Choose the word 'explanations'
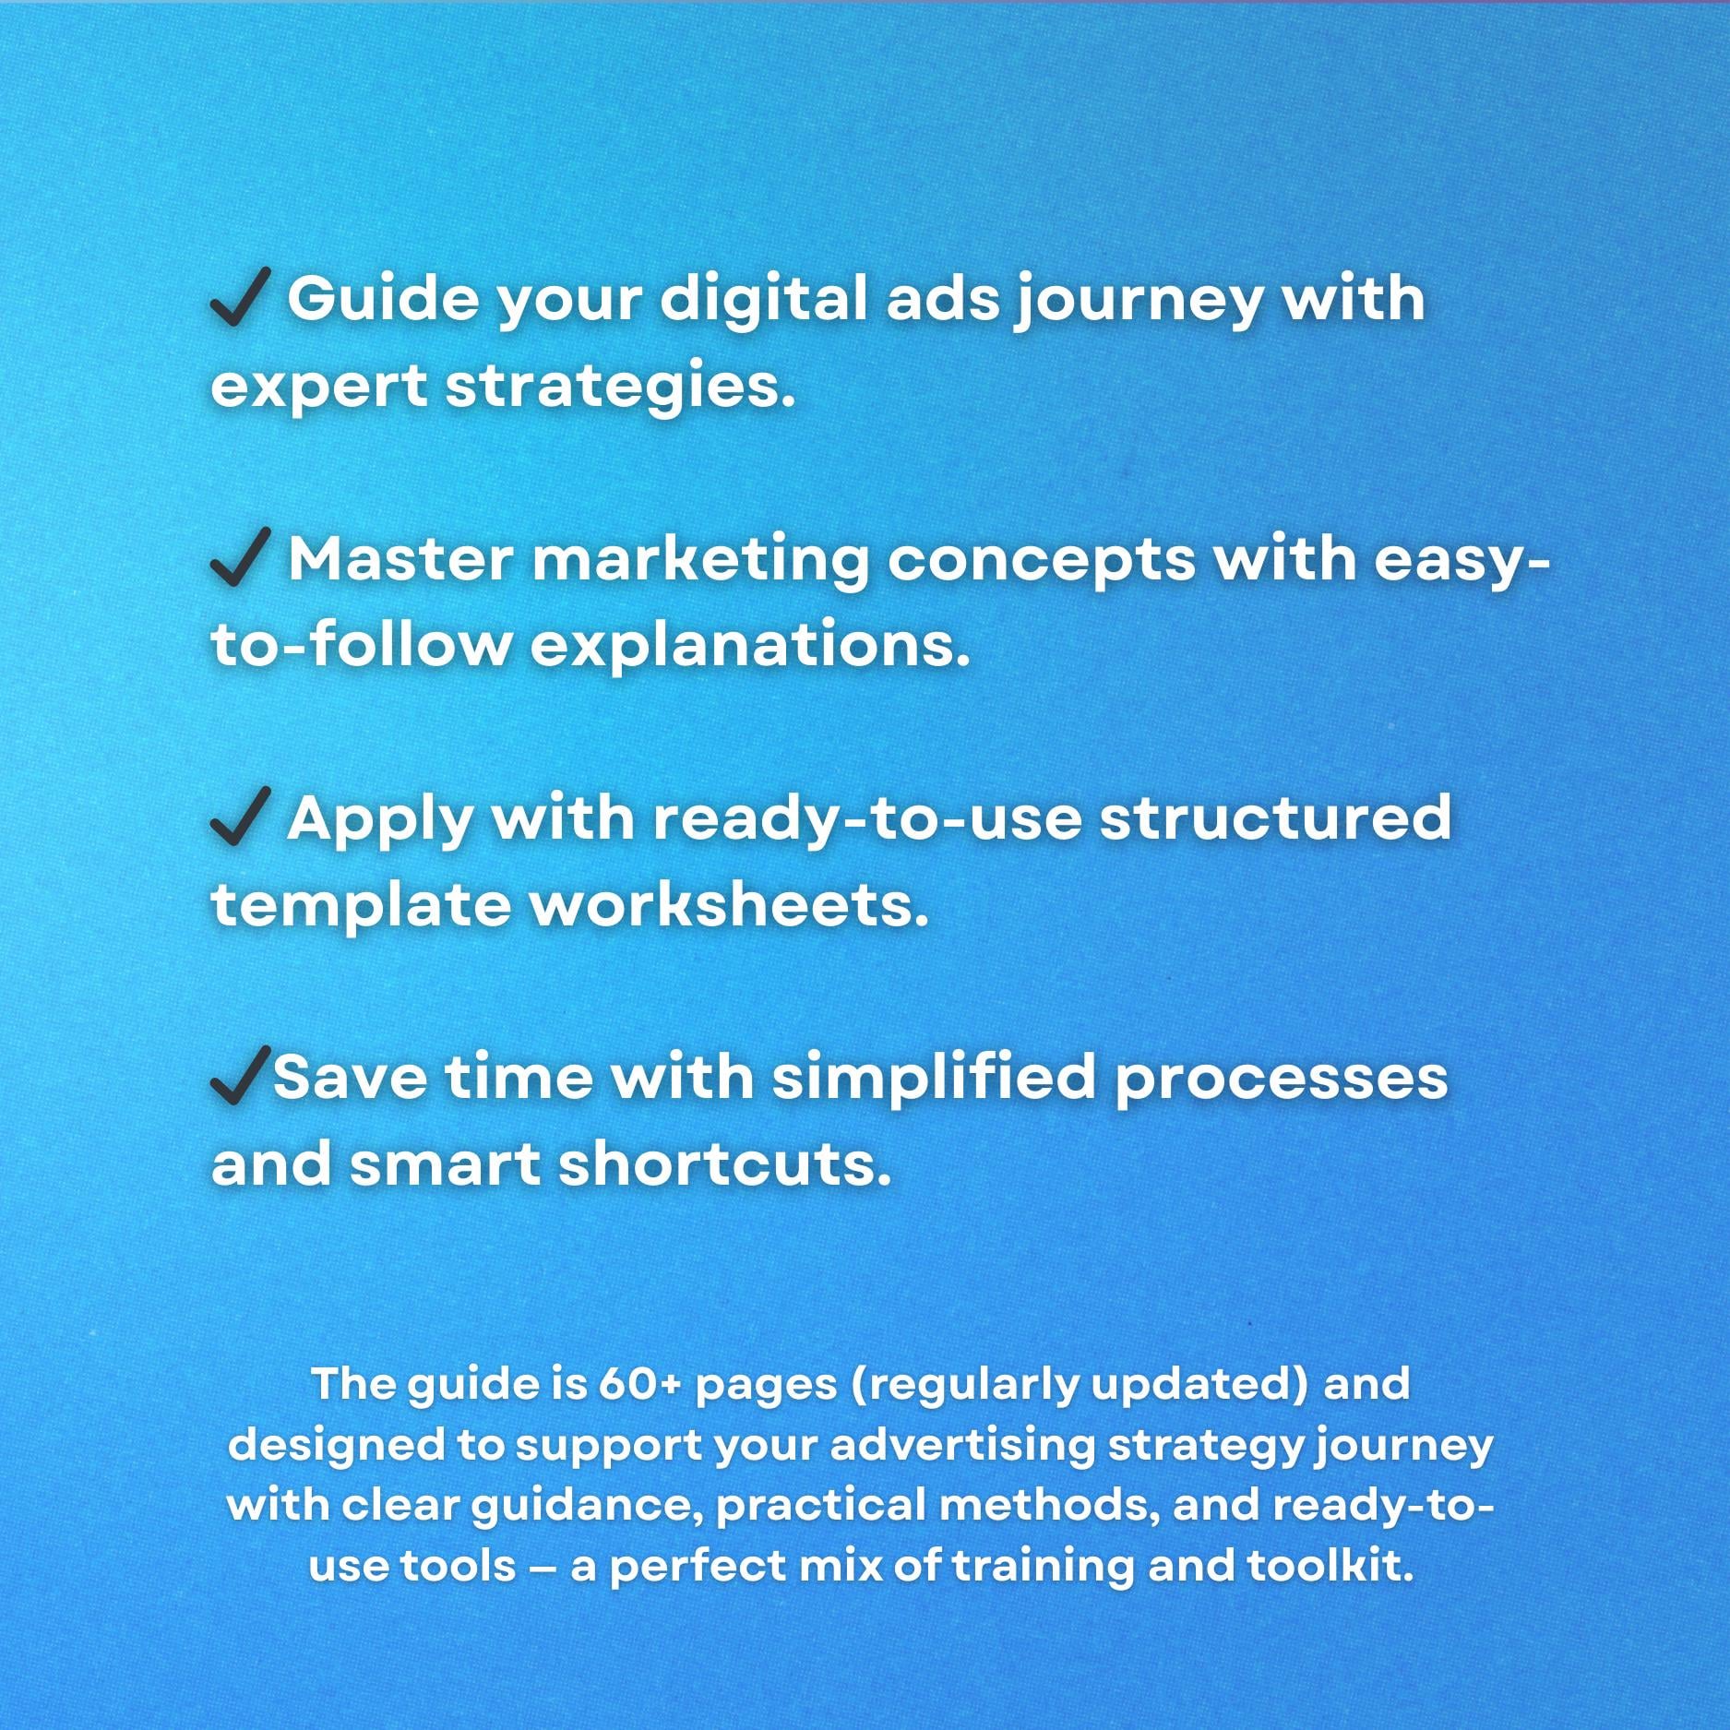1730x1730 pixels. point(750,644)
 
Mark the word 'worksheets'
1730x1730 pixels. point(728,903)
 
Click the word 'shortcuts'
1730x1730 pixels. point(725,1163)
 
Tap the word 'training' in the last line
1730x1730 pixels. point(1040,1569)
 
